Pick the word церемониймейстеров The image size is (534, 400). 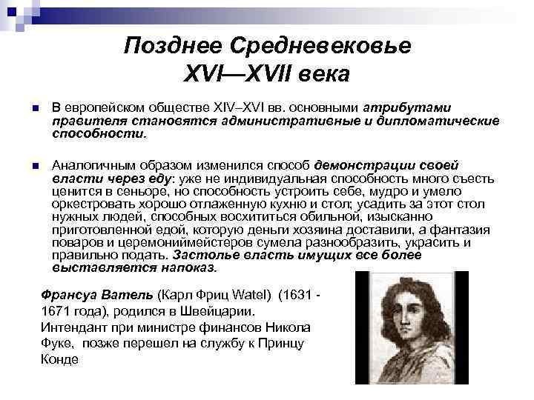[x=162, y=244]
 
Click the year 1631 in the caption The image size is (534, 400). [x=296, y=295]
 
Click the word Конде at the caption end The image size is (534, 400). [x=59, y=359]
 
